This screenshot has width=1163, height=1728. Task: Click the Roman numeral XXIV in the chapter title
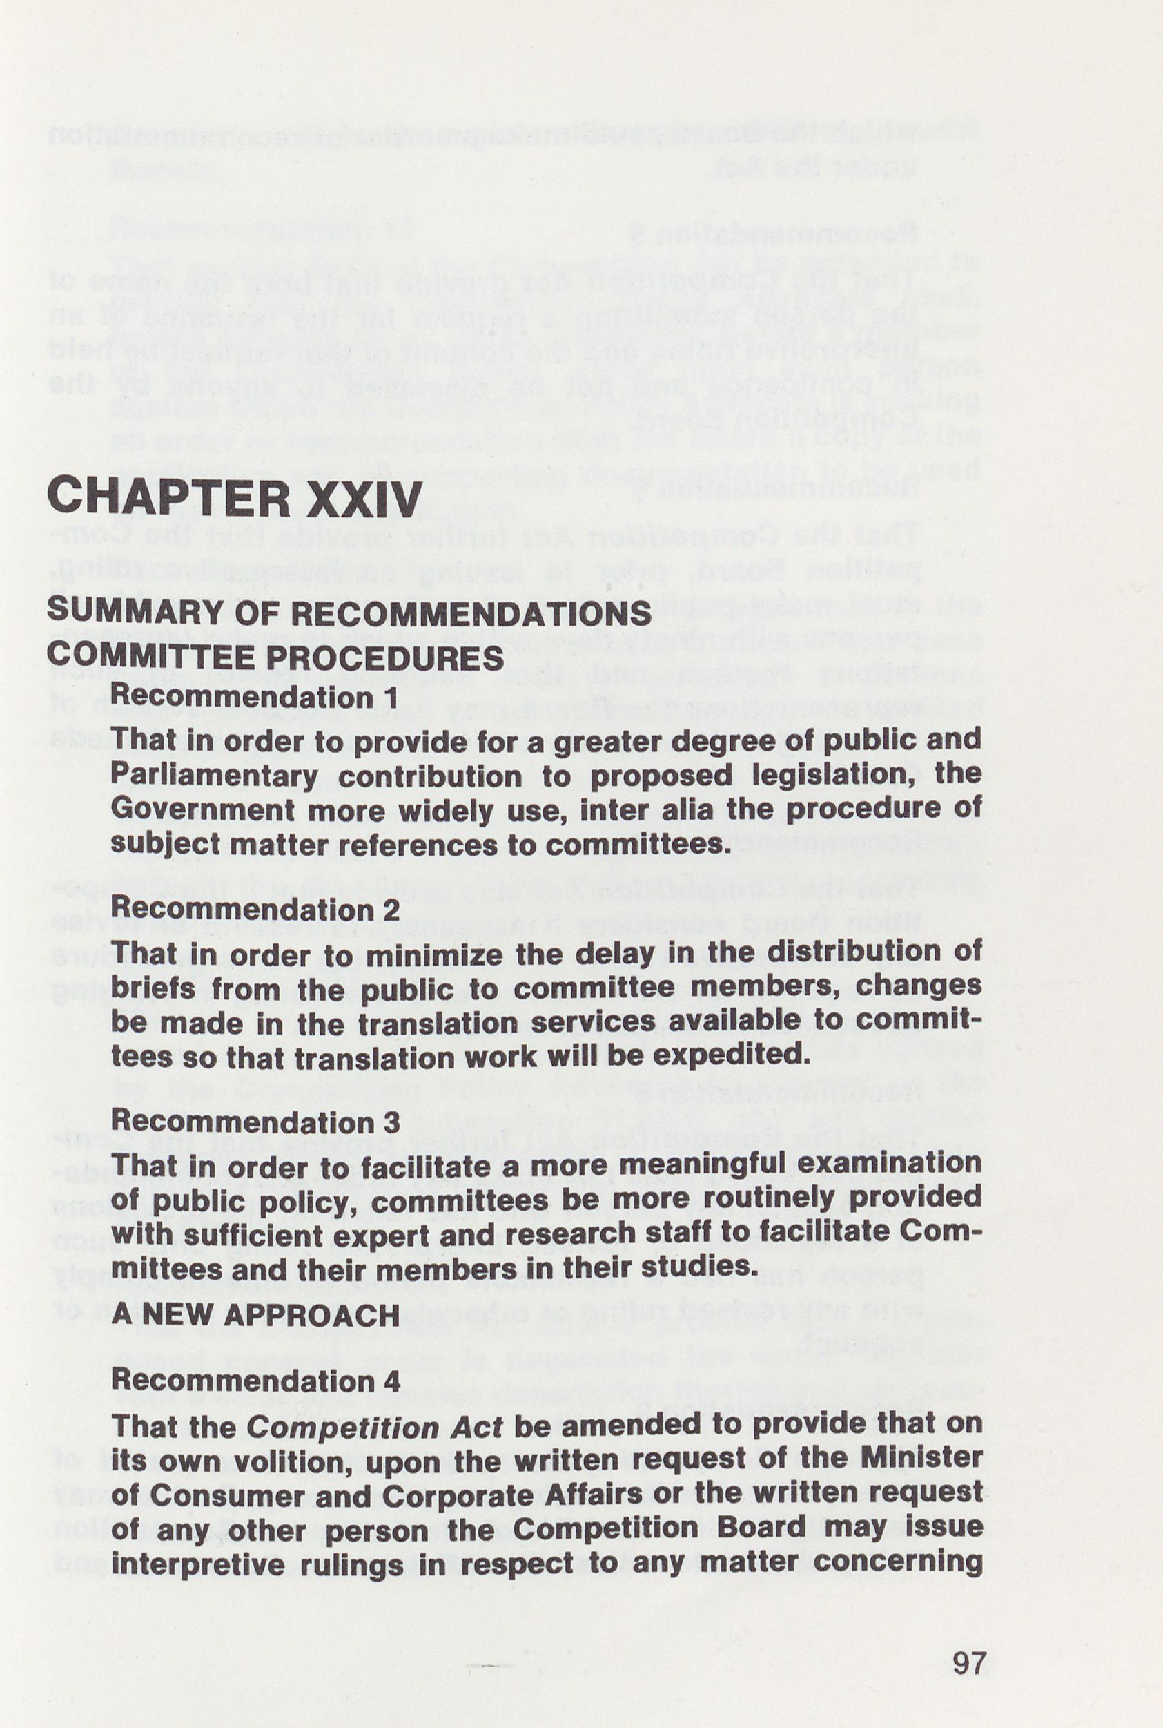(364, 499)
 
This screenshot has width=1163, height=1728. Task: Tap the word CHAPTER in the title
(168, 499)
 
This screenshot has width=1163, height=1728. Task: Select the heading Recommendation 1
(255, 697)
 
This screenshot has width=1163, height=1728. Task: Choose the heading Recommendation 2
(255, 909)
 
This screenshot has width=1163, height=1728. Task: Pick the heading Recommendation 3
(255, 1121)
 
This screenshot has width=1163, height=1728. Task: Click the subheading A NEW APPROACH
(255, 1316)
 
